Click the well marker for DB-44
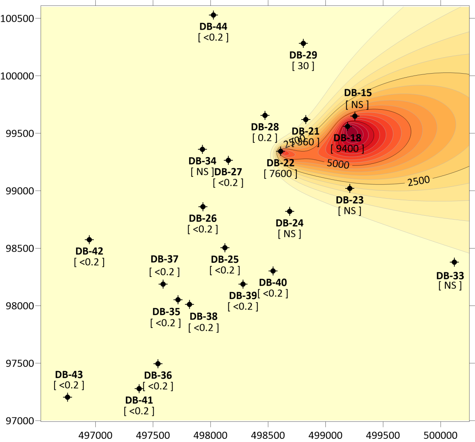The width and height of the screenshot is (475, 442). pos(213,15)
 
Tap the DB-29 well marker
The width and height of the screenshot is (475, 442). pos(303,44)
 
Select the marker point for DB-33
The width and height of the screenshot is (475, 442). pos(454,262)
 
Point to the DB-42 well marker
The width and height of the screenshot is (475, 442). pos(89,240)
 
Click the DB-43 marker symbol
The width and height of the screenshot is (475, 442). pos(67,397)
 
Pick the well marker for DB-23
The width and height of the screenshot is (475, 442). pos(350,188)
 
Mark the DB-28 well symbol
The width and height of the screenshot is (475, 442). pos(265,116)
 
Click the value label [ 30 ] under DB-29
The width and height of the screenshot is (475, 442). pos(303,66)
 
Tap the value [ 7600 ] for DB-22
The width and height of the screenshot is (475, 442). pos(280,174)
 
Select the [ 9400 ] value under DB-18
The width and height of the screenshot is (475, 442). pos(347,148)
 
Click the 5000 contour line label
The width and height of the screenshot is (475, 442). pos(338,163)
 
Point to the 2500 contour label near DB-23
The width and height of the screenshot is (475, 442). pos(418,181)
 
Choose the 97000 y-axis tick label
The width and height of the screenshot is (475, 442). pos(19,421)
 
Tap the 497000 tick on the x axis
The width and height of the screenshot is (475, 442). pos(95,435)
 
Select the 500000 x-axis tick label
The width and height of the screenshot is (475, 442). pos(441,435)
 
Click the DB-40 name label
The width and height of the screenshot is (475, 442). pos(273,283)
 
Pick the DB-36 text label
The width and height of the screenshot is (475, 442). pos(158,375)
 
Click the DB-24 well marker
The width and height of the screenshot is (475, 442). pos(290,211)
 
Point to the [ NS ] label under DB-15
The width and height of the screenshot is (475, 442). pos(357,104)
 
